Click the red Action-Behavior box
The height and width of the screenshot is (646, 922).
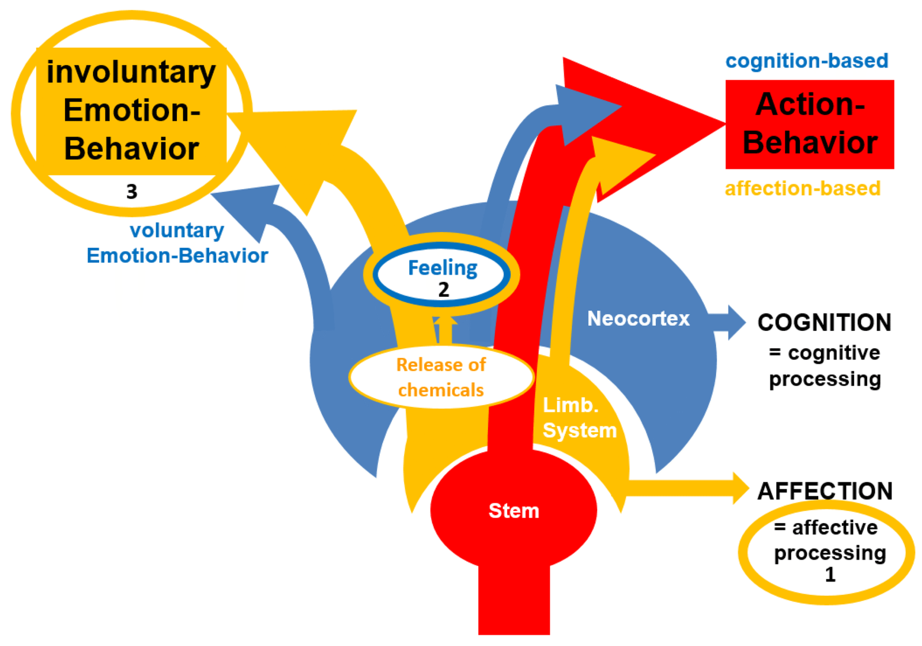(x=809, y=124)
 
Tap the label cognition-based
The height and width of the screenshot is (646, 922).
(x=806, y=61)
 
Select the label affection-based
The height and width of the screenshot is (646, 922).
(x=802, y=188)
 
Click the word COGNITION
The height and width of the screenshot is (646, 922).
(x=824, y=323)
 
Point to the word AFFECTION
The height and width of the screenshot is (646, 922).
(x=825, y=492)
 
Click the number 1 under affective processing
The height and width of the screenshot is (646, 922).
(x=830, y=575)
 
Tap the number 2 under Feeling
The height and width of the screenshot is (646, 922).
(x=443, y=289)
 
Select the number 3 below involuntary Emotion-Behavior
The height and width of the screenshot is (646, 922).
(x=131, y=191)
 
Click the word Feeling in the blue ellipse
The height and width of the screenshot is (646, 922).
(x=443, y=268)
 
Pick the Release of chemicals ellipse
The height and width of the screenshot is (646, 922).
(x=441, y=377)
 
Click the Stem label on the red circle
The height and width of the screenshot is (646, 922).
(x=513, y=511)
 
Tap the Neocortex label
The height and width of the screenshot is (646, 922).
(x=638, y=319)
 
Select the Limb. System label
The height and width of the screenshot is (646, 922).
(x=579, y=418)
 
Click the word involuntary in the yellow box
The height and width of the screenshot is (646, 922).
(x=131, y=72)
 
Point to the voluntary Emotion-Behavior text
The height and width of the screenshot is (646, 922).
(x=177, y=243)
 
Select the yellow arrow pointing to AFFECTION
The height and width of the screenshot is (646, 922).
(x=689, y=488)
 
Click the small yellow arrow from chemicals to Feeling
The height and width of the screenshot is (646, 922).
(x=444, y=329)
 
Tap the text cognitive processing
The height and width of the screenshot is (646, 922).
(x=825, y=365)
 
